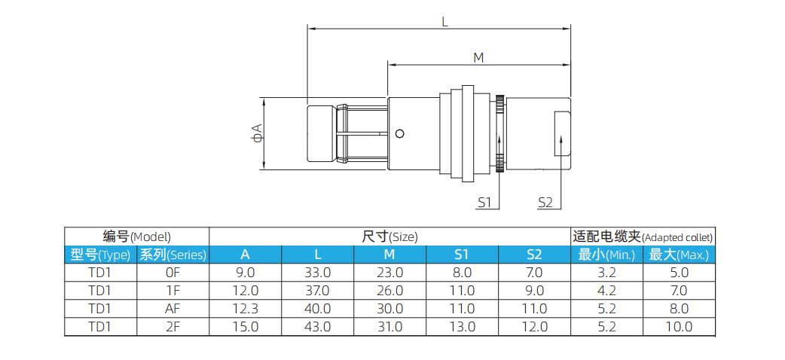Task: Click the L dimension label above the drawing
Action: pyautogui.click(x=444, y=22)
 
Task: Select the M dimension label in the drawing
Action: pyautogui.click(x=478, y=57)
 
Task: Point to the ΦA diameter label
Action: pyautogui.click(x=258, y=133)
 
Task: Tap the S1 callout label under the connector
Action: pyautogui.click(x=484, y=202)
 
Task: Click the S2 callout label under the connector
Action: pyautogui.click(x=545, y=202)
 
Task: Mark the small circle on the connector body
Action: pyautogui.click(x=400, y=134)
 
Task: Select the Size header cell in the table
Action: pyautogui.click(x=389, y=236)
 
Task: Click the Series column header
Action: pyautogui.click(x=173, y=255)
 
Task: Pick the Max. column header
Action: pyautogui.click(x=679, y=255)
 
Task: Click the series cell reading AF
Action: pyautogui.click(x=173, y=309)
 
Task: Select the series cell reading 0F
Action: pyautogui.click(x=173, y=273)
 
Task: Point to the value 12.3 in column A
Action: pyautogui.click(x=245, y=309)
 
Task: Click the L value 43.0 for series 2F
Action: pyautogui.click(x=317, y=327)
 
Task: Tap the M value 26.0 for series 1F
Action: pyautogui.click(x=389, y=291)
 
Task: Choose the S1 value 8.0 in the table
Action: pyautogui.click(x=462, y=273)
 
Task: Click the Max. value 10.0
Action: pyautogui.click(x=679, y=327)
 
